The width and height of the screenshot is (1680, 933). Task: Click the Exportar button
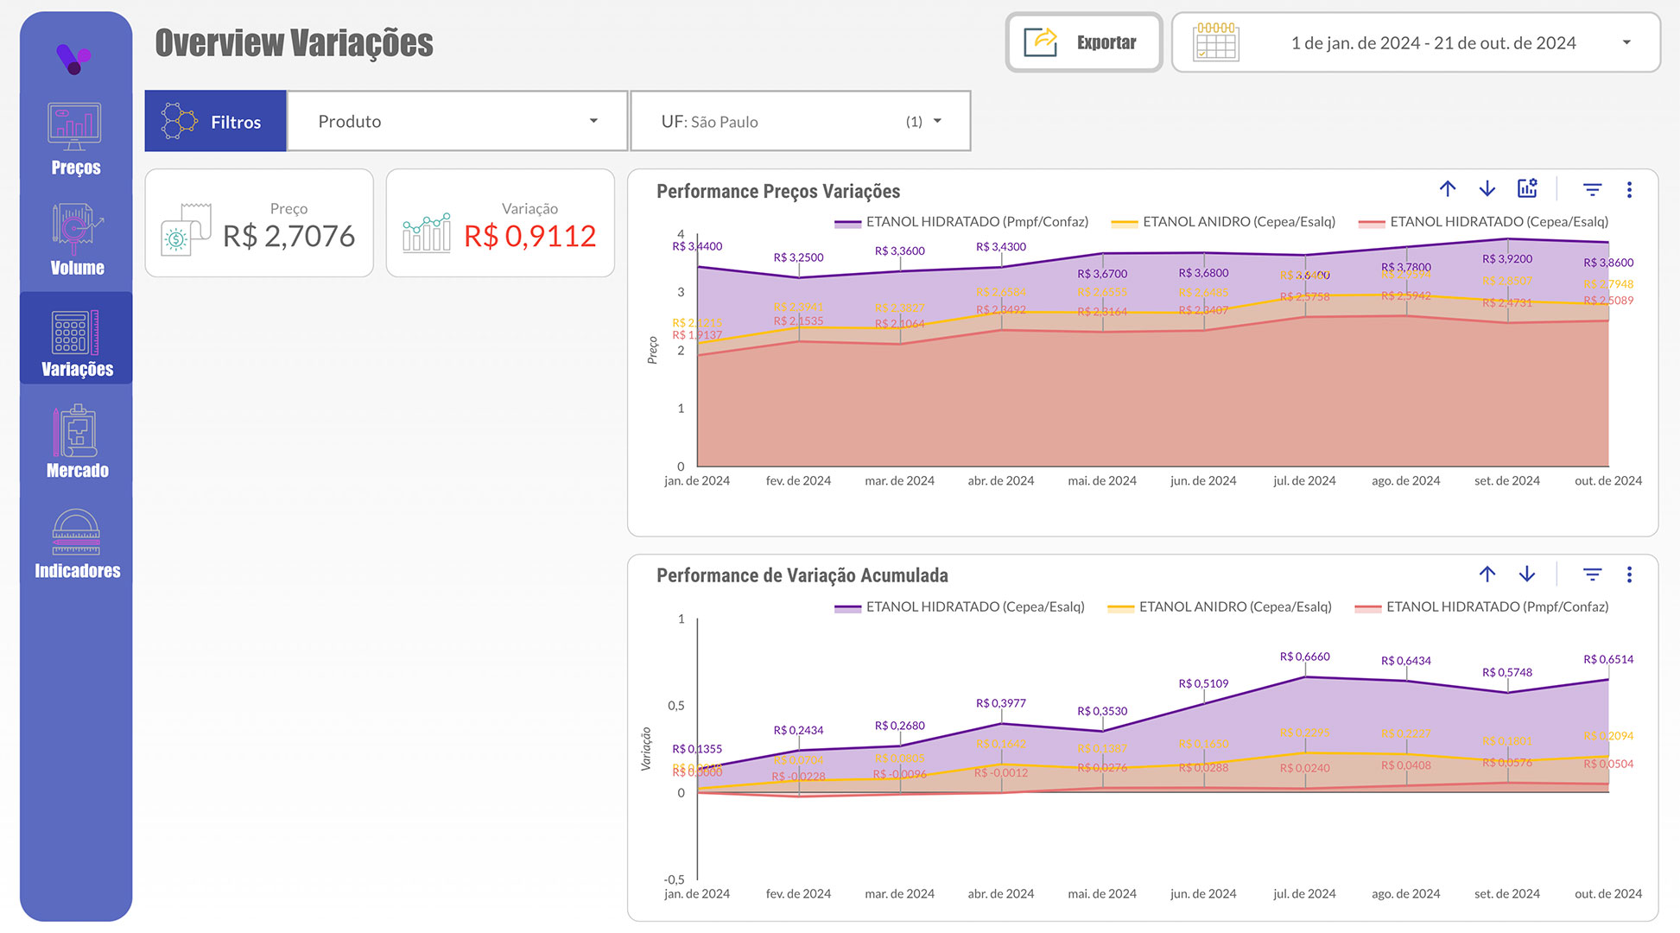click(x=1083, y=42)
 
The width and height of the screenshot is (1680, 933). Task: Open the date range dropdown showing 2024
click(x=1415, y=42)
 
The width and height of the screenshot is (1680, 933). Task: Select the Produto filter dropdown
click(x=457, y=122)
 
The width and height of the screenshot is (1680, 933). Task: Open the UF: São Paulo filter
click(x=800, y=122)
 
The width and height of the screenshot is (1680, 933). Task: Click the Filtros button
click(x=215, y=122)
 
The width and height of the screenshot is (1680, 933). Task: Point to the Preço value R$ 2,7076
click(x=288, y=236)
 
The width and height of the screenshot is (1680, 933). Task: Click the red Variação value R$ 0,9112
click(x=529, y=236)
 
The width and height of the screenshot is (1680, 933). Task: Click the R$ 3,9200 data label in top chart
click(x=1506, y=258)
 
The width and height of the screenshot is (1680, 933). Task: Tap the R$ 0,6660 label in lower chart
click(x=1304, y=657)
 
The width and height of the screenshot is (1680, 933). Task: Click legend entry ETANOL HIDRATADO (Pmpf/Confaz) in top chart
click(x=976, y=222)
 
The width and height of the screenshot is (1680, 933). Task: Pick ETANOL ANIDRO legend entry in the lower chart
click(x=1234, y=607)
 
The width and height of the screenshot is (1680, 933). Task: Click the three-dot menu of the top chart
click(x=1629, y=190)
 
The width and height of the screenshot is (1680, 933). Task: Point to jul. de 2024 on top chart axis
click(x=1304, y=481)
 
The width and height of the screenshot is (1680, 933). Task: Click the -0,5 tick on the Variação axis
click(x=674, y=879)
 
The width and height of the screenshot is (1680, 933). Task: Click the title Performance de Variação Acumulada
click(x=802, y=575)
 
